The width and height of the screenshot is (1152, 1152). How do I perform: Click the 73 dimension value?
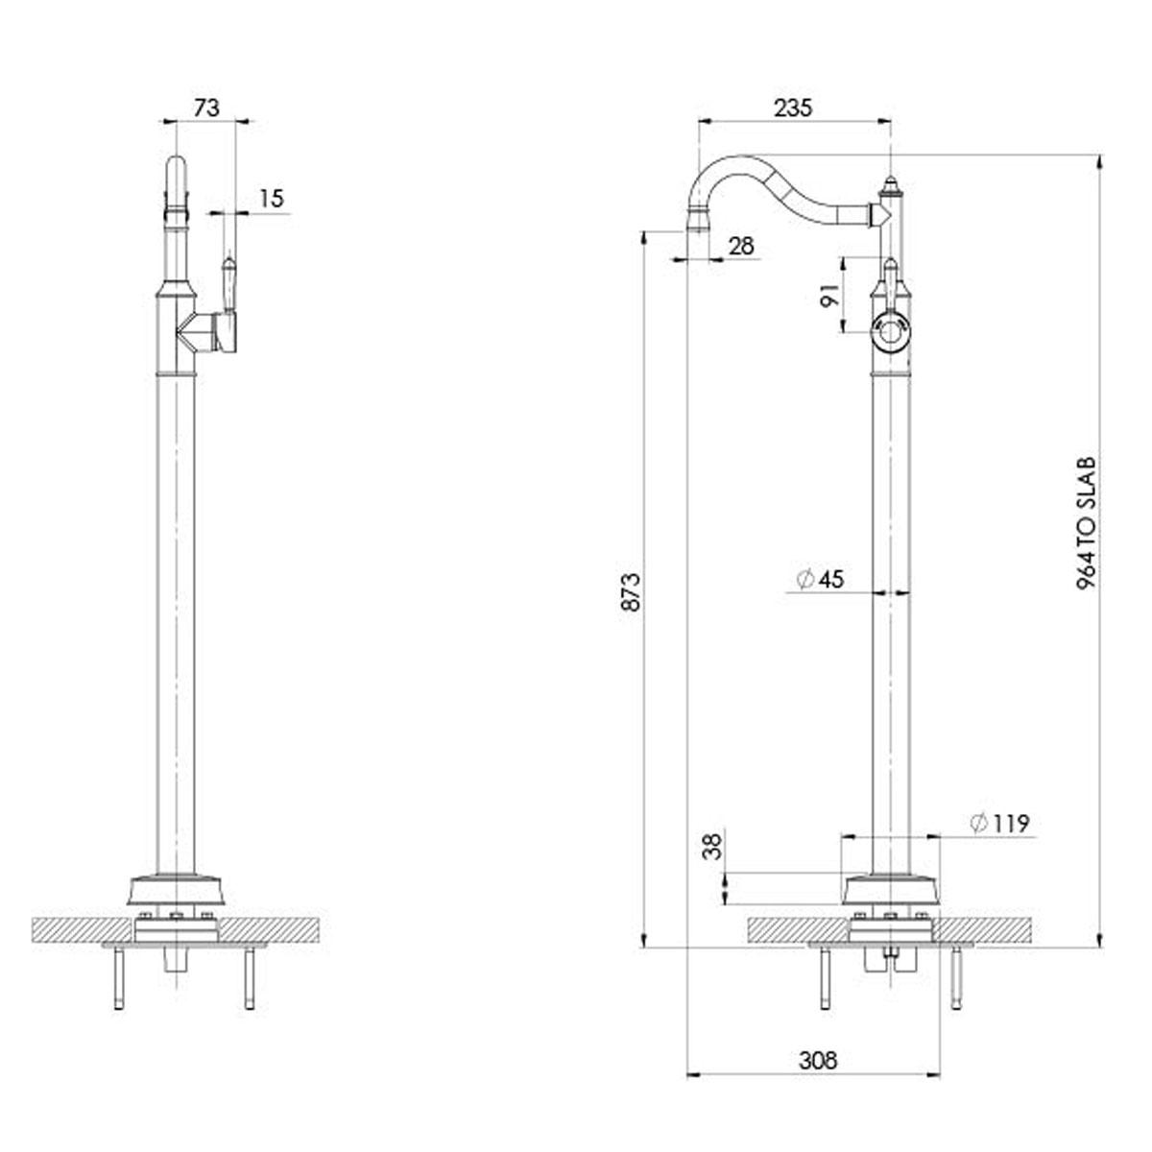click(206, 108)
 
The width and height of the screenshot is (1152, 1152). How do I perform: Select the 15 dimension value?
click(272, 199)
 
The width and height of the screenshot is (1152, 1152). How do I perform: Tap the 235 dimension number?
click(793, 108)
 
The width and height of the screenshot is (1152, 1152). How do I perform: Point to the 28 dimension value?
click(742, 246)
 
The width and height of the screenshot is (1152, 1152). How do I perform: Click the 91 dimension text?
click(829, 295)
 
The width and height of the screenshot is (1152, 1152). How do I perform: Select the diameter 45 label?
click(821, 578)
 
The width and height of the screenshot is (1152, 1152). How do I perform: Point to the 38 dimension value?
click(712, 847)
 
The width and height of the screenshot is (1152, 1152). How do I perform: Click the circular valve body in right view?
click(890, 333)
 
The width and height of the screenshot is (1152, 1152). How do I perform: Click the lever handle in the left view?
click(229, 284)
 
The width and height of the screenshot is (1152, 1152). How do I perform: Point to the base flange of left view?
click(177, 890)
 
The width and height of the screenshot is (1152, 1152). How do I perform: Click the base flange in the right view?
click(890, 890)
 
